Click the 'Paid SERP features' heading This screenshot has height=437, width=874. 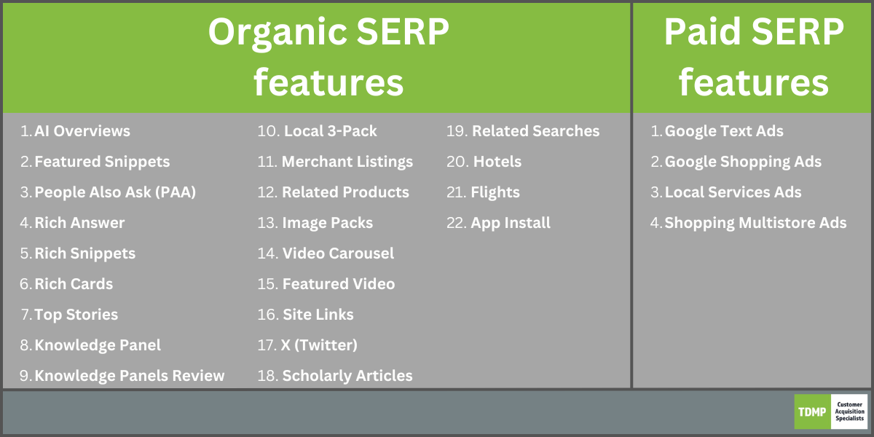[753, 57]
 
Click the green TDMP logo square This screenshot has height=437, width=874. [812, 412]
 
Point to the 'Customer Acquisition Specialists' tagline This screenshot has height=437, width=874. [849, 412]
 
